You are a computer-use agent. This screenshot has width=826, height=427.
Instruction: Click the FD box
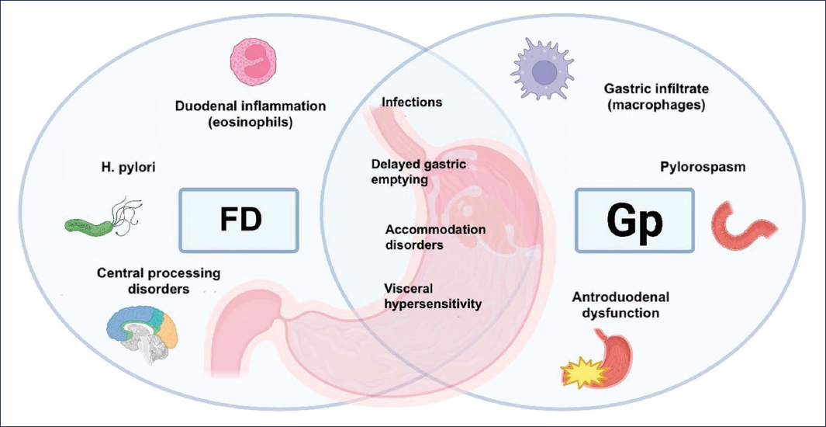239,219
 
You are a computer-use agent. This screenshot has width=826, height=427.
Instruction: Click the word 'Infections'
412,102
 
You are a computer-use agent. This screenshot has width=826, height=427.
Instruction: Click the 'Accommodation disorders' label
435,237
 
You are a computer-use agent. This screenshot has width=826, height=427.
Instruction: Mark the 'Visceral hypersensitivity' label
433,296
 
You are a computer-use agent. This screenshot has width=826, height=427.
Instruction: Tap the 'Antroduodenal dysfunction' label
620,305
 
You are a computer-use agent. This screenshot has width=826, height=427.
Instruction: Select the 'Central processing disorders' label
158,281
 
